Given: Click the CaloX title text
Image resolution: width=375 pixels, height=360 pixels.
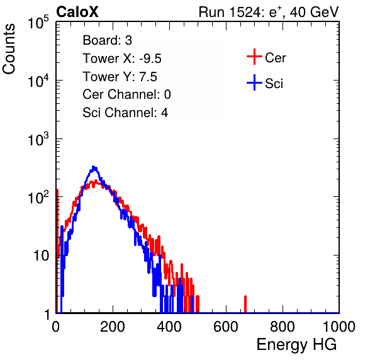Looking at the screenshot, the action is (77, 12).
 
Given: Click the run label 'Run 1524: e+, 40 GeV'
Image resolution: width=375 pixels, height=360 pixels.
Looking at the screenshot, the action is (269, 12).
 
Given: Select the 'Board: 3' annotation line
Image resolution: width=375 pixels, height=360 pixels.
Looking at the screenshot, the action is (107, 40).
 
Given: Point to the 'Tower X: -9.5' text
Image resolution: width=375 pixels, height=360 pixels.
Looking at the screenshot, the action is (122, 59).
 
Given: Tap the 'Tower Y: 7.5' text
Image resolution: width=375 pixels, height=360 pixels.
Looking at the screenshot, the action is (120, 77).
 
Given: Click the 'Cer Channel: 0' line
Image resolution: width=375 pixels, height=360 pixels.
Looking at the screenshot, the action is (126, 94).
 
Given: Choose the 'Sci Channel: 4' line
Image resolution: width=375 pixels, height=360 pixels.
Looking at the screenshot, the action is (125, 113).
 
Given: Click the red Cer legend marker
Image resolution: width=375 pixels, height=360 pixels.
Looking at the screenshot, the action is (254, 57).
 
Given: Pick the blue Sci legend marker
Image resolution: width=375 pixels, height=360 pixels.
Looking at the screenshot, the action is (254, 82).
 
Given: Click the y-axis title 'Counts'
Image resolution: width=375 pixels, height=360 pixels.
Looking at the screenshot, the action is (9, 49).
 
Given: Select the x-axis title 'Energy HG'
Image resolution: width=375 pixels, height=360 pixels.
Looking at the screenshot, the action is (296, 345).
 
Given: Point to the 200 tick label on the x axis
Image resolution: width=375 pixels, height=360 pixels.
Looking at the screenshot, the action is (113, 327).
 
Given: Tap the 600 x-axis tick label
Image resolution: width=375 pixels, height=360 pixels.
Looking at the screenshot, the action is (226, 327).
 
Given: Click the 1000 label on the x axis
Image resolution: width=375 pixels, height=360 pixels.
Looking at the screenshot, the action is (339, 327).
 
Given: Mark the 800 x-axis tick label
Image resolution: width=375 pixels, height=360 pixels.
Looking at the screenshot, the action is (283, 327).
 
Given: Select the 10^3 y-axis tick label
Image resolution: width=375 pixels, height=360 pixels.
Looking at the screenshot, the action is (38, 139).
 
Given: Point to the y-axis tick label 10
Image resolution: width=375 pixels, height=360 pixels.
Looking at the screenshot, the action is (42, 256).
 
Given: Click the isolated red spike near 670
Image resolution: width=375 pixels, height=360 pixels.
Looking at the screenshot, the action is (245, 304).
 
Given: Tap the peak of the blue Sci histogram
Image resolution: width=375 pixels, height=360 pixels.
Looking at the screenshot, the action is (94, 167).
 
